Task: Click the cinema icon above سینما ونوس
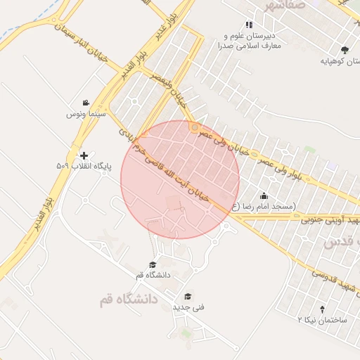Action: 86,103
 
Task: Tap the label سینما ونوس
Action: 86,113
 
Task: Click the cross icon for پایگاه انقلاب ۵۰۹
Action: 84,155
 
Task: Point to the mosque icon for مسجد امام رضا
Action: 264,195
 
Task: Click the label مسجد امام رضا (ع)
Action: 264,206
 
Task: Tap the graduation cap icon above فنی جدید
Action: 188,297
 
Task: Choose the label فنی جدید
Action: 188,307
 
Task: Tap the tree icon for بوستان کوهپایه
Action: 344,50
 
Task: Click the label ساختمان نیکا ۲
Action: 323,319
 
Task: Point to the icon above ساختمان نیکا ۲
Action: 323,309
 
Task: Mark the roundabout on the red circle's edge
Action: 194,127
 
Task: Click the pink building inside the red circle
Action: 173,203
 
